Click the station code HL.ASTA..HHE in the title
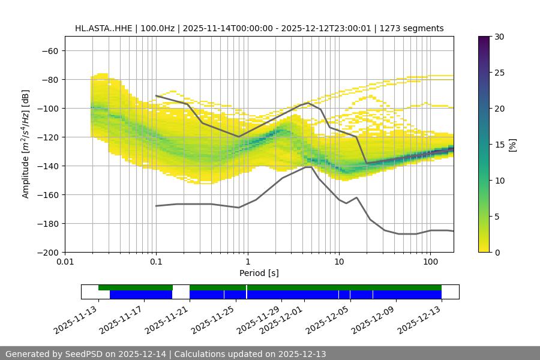pos(108,28)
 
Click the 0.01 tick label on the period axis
pos(65,262)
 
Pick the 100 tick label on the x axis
pos(430,262)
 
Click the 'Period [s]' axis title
pos(259,273)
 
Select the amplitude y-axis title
pos(26,144)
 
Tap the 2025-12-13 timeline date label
pos(420,318)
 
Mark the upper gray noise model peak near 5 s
pos(308,103)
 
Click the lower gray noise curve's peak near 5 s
pos(308,167)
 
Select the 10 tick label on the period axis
pos(339,262)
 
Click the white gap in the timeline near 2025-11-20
pos(181,292)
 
